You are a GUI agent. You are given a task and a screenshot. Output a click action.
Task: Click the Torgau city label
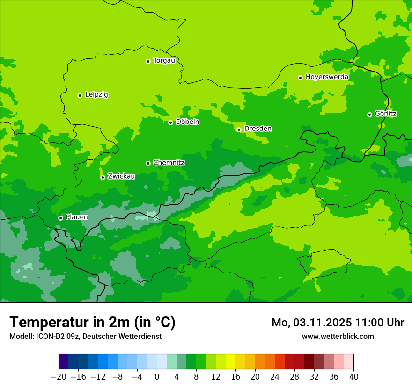pyautogui.click(x=164, y=61)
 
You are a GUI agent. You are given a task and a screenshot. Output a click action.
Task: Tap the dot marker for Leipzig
pyautogui.click(x=80, y=95)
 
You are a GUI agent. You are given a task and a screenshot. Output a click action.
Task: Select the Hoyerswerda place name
pyautogui.click(x=327, y=77)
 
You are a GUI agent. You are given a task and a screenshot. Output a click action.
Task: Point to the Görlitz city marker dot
pyautogui.click(x=369, y=115)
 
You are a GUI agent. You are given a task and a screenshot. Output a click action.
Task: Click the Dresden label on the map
pyautogui.click(x=257, y=129)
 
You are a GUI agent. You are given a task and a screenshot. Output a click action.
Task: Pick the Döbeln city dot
pyautogui.click(x=170, y=122)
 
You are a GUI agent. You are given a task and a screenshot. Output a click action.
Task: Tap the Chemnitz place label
pyautogui.click(x=169, y=163)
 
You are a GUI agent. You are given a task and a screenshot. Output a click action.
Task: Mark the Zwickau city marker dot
pyautogui.click(x=103, y=177)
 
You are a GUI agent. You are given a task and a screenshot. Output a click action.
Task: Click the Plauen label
pyautogui.click(x=77, y=217)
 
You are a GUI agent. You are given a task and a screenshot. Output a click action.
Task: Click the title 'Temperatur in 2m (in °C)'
pyautogui.click(x=92, y=322)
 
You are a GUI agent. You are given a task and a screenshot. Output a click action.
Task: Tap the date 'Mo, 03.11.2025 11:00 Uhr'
pyautogui.click(x=338, y=323)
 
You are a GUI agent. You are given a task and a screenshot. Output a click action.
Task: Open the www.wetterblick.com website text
pyautogui.click(x=338, y=336)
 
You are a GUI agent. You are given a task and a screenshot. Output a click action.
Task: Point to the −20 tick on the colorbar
pyautogui.click(x=59, y=377)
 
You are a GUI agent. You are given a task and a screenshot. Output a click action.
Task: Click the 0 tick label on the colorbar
pyautogui.click(x=157, y=377)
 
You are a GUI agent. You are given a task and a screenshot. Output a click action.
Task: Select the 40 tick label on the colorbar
pyautogui.click(x=353, y=377)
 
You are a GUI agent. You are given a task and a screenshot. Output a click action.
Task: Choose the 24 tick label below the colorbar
pyautogui.click(x=275, y=377)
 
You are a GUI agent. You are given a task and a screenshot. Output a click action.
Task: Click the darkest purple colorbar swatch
pyautogui.click(x=63, y=362)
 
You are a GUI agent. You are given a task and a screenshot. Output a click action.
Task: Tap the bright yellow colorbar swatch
pyautogui.click(x=230, y=362)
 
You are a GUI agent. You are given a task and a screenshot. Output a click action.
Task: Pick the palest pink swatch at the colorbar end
pyautogui.click(x=348, y=362)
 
